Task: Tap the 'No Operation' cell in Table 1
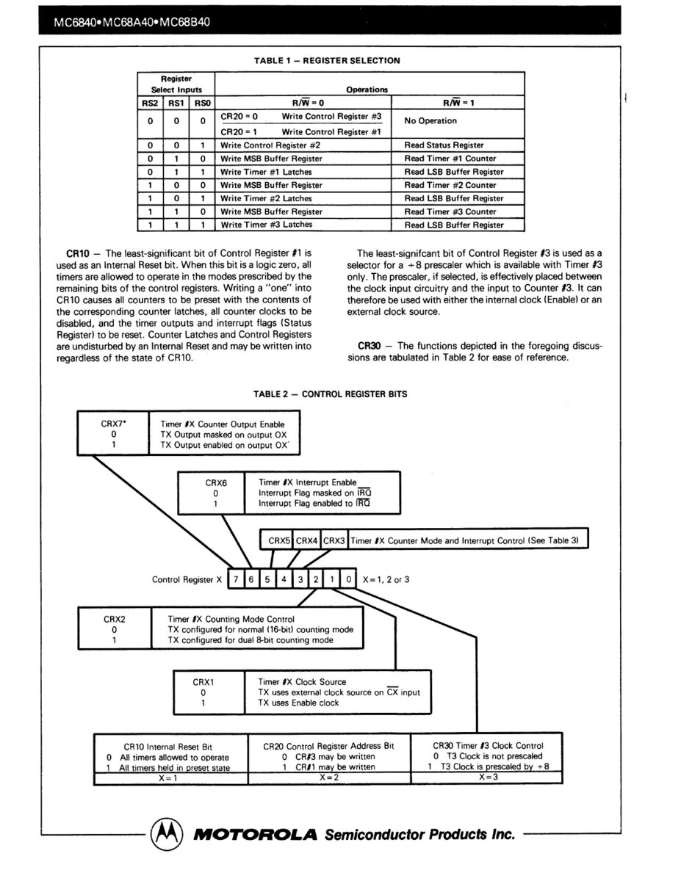[x=430, y=121]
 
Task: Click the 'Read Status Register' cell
[x=444, y=145]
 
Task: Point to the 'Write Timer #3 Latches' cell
[x=266, y=225]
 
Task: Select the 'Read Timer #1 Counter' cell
[x=450, y=159]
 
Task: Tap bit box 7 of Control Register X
[x=236, y=579]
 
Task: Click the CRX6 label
[x=216, y=482]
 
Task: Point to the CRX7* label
[x=115, y=424]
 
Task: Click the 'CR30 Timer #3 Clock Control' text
[x=488, y=745]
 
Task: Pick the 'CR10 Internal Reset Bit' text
[x=171, y=746]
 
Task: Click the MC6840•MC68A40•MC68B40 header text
[x=132, y=21]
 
